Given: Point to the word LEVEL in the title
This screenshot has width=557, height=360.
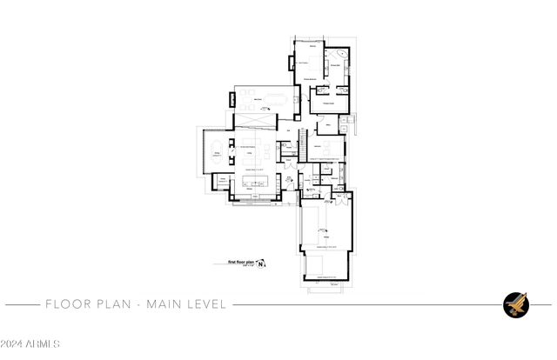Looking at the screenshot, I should (x=208, y=304).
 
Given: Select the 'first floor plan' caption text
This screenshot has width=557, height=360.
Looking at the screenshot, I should (x=240, y=262).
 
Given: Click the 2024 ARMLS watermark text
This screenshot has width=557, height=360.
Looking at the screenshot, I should (x=30, y=345).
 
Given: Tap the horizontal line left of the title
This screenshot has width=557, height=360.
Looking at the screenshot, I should (x=21, y=304).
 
